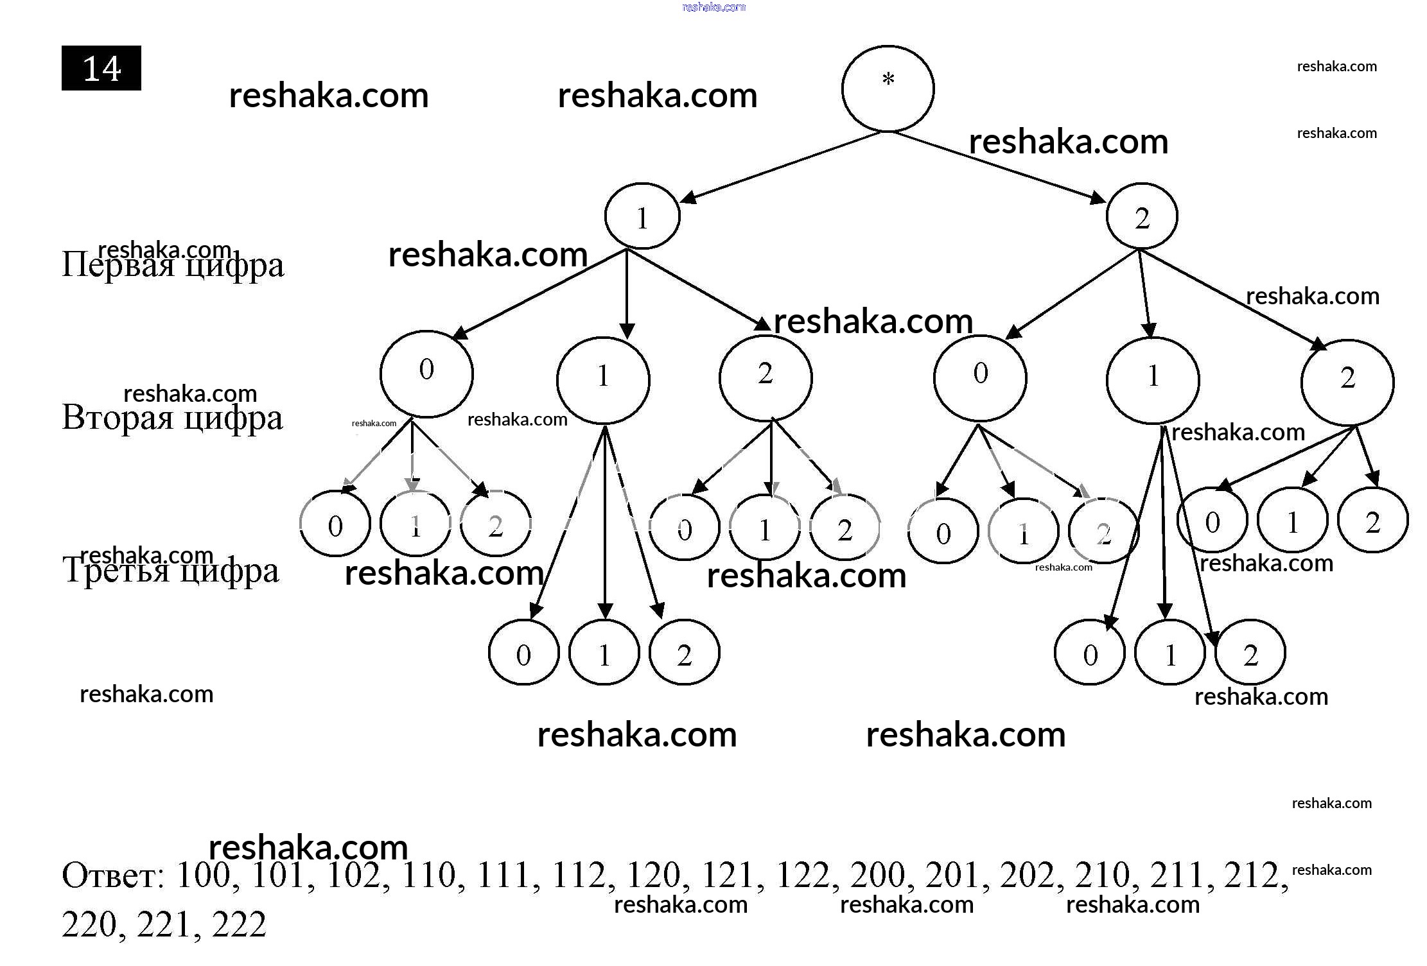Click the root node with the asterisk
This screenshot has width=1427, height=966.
point(888,89)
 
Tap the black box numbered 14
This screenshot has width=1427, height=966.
point(101,68)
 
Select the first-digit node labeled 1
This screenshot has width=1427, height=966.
point(642,216)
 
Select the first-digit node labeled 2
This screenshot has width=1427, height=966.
point(1141,216)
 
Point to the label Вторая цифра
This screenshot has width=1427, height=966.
point(172,417)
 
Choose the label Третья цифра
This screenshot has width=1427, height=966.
point(171,570)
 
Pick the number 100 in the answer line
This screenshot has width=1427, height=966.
point(204,875)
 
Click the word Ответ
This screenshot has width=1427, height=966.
point(112,875)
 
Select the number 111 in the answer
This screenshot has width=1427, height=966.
point(504,875)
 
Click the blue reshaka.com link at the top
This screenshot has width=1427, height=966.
point(713,7)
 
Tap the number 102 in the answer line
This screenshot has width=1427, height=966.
point(355,875)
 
